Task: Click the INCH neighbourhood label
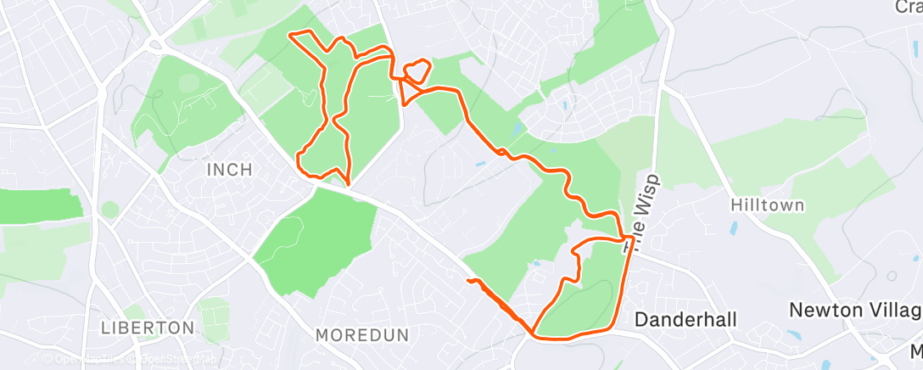229,170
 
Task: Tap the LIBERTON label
148,328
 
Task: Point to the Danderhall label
686,319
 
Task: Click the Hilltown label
767,205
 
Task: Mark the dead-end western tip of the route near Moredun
467,279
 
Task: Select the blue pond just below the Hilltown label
733,227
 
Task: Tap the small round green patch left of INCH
109,209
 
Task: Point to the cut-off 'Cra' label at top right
909,7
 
